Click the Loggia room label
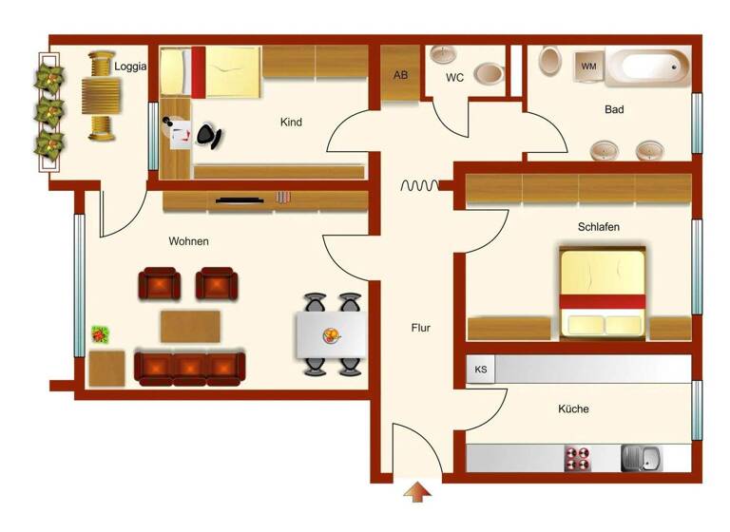point(130,66)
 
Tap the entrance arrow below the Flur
point(417,492)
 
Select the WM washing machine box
point(589,66)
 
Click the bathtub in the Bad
point(648,66)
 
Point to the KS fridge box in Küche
point(481,370)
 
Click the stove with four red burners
point(578,458)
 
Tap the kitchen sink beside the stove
point(643,458)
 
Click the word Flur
point(420,328)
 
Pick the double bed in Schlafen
point(603,292)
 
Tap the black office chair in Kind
point(210,137)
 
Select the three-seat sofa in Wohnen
point(190,367)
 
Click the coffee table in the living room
point(190,326)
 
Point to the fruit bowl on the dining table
point(332,334)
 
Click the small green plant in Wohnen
point(100,334)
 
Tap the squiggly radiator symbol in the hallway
point(418,186)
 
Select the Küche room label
point(573,409)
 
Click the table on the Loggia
point(101,95)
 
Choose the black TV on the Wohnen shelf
point(238,199)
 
